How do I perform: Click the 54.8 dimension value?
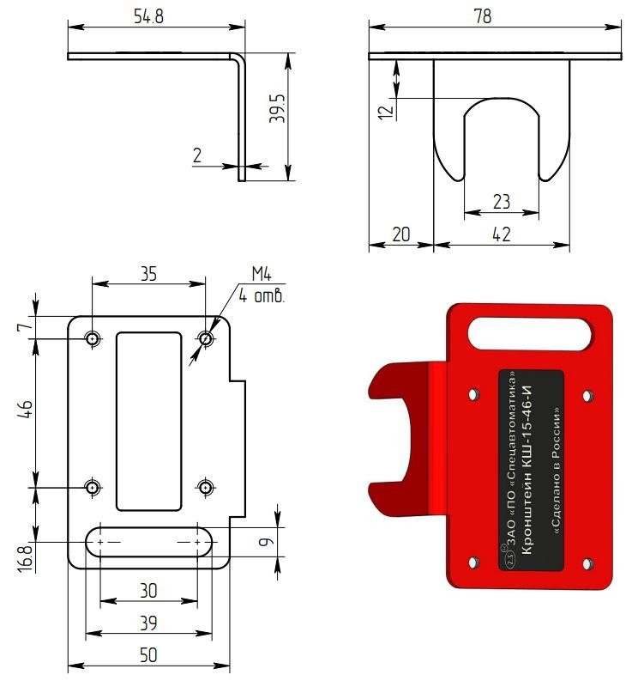click(148, 16)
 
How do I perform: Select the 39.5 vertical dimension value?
click(277, 108)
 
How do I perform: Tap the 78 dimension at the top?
click(483, 16)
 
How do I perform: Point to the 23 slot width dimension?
click(502, 202)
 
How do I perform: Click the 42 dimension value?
click(502, 234)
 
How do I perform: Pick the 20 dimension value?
click(400, 234)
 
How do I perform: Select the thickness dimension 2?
click(197, 155)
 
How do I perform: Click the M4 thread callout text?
click(262, 274)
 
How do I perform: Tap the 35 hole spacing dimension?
click(148, 274)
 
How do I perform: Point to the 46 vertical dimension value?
click(26, 410)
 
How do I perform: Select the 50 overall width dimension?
click(148, 655)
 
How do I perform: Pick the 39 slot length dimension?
click(148, 623)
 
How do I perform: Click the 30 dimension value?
click(148, 591)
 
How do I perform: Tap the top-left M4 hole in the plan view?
click(93, 338)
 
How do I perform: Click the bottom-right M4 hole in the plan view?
click(205, 487)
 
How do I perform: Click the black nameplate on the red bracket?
click(531, 470)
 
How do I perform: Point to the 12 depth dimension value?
click(386, 112)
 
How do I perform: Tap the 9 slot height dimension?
click(265, 542)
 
